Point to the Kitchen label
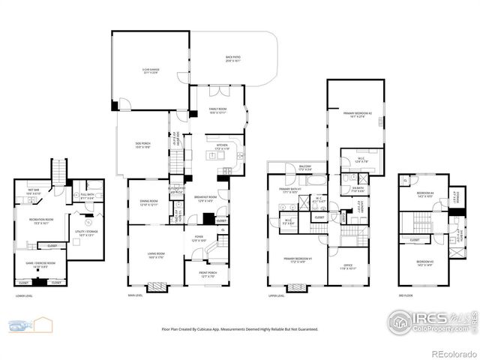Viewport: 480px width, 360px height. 222,147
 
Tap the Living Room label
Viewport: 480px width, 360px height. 156,256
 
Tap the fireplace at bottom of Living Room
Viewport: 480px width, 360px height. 156,287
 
